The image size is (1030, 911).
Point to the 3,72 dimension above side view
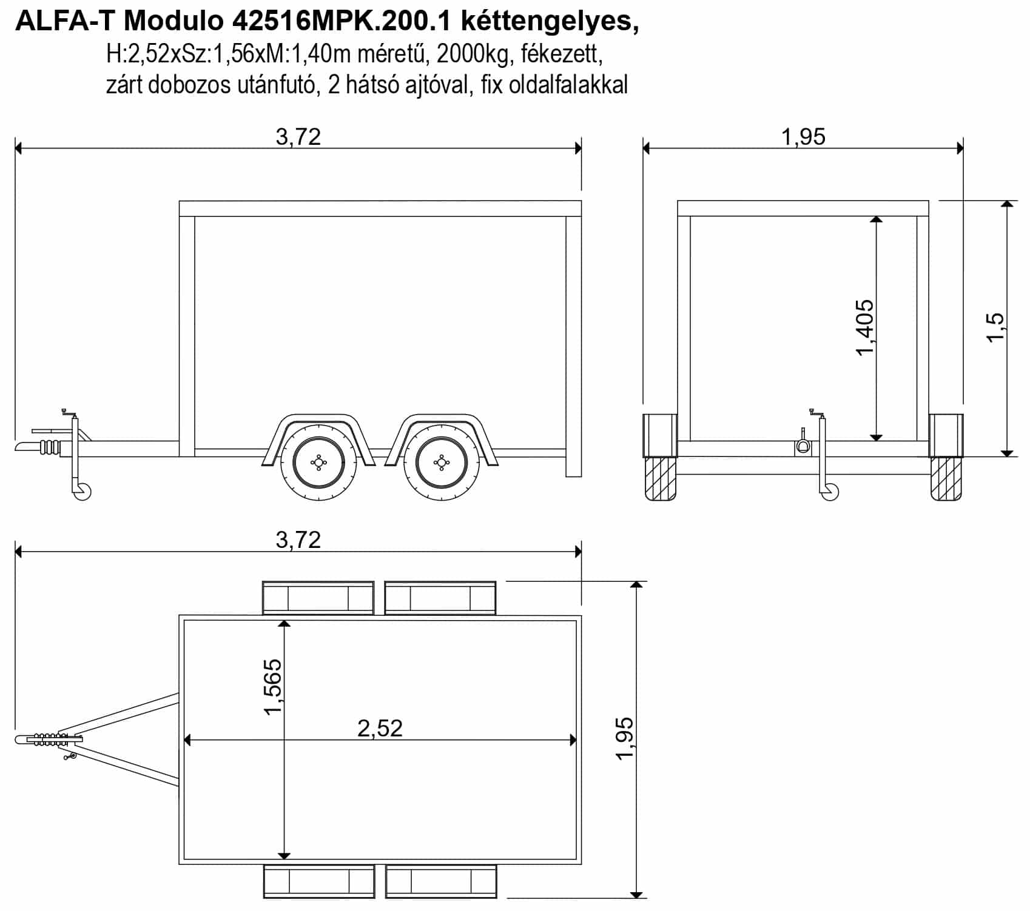(x=298, y=137)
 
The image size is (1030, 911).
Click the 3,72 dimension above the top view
(x=298, y=539)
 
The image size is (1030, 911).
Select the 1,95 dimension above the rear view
(x=803, y=137)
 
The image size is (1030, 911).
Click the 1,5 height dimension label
(x=995, y=328)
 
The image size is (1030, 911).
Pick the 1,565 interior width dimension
(x=272, y=686)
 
